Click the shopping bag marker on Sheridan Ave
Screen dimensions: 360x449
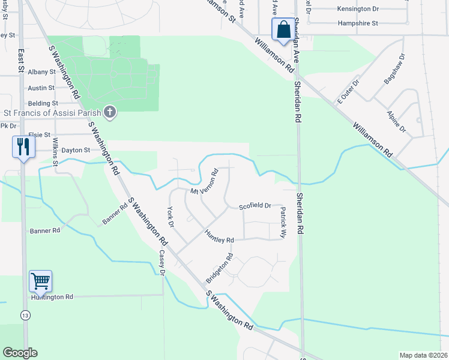pos(283,29)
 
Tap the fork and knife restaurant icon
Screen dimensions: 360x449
pos(23,147)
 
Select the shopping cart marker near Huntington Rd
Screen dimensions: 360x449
pos(40,281)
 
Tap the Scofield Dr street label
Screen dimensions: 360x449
pos(255,206)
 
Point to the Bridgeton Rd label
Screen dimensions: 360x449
pos(219,269)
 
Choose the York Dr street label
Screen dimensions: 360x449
pos(170,217)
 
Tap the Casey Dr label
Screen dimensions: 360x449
pos(161,262)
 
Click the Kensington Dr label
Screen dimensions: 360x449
pos(358,9)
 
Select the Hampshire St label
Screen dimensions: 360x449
pos(357,23)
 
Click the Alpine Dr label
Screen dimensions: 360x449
pos(397,122)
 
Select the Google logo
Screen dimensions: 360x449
pos(20,353)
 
